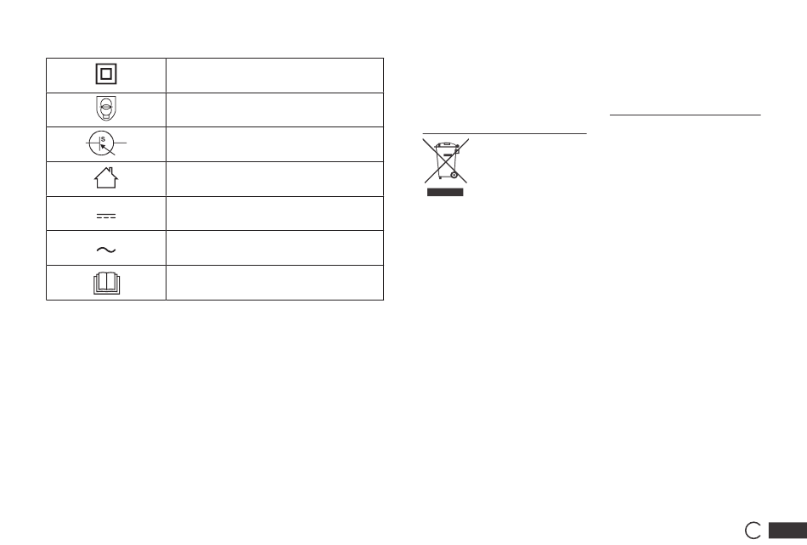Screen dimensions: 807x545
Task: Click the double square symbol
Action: coord(106,64)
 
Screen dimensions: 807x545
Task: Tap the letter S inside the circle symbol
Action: coord(103,139)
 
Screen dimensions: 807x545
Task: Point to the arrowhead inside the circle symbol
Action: coord(103,147)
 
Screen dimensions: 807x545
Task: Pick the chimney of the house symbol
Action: coord(110,171)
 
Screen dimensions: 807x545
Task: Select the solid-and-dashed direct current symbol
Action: coord(106,216)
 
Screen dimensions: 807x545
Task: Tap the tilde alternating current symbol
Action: coord(106,250)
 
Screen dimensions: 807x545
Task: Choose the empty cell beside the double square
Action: coord(275,76)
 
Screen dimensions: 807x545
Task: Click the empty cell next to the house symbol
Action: coord(275,179)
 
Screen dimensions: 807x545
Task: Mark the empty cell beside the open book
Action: coord(275,283)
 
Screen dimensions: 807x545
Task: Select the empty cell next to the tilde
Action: coord(275,248)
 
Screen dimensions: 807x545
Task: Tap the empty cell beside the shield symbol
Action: coord(275,110)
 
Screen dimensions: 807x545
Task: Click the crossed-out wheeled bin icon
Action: coord(446,161)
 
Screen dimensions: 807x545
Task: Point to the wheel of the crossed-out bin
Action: coord(454,176)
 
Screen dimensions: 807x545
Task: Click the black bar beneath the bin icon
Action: coord(445,193)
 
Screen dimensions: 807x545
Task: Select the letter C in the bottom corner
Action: coord(746,530)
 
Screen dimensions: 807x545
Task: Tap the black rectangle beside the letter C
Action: coord(787,531)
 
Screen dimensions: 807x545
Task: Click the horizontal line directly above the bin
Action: coord(505,133)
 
